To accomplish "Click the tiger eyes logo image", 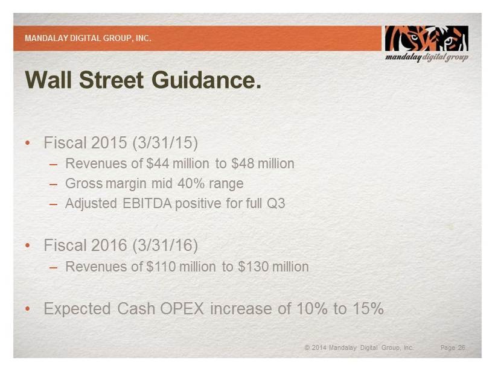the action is (x=427, y=39).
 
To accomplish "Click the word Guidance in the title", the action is (x=206, y=80).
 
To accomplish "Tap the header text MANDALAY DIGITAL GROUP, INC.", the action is (x=88, y=38).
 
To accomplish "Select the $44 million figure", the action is (x=177, y=163).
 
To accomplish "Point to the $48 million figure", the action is (x=263, y=163).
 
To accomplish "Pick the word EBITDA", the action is (x=147, y=203).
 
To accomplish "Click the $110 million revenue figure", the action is (x=181, y=267).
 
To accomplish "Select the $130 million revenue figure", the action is (x=273, y=267).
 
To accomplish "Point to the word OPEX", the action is (x=182, y=308).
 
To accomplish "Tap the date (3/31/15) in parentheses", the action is (x=165, y=142).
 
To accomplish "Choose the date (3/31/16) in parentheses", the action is (x=165, y=245).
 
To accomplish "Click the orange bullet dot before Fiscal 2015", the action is (x=28, y=143).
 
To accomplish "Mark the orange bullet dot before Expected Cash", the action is (x=28, y=308).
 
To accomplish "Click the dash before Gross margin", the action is (x=53, y=184).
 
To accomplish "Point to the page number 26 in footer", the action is (x=462, y=347).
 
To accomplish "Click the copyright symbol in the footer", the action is (x=307, y=347).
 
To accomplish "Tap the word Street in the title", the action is (x=112, y=80).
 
